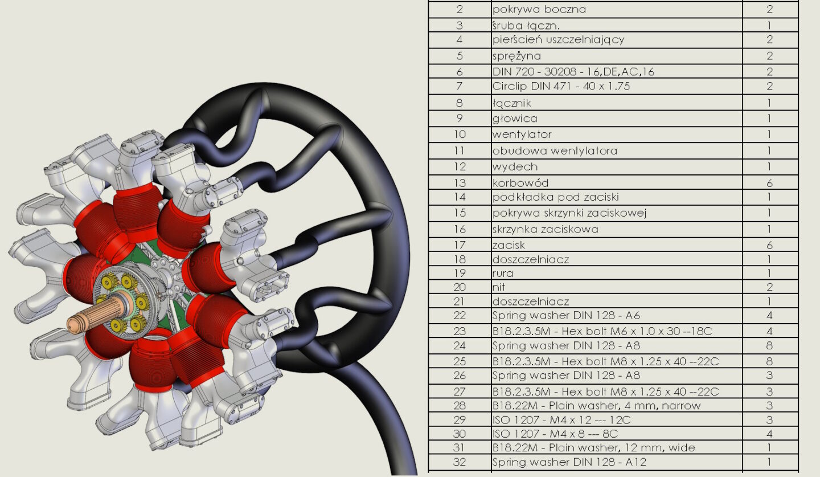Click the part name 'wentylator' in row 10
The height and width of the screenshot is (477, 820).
pyautogui.click(x=522, y=134)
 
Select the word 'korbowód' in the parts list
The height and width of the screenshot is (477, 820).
pyautogui.click(x=520, y=183)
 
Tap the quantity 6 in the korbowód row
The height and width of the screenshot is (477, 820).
pyautogui.click(x=769, y=183)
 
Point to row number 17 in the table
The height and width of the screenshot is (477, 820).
pyautogui.click(x=460, y=244)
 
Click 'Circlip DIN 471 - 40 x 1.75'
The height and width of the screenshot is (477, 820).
pyautogui.click(x=561, y=86)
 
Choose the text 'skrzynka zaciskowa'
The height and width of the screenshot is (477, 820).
pyautogui.click(x=545, y=229)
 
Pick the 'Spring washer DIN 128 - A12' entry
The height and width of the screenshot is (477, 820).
pyautogui.click(x=569, y=462)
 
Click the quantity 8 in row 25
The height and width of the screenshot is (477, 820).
pyautogui.click(x=769, y=361)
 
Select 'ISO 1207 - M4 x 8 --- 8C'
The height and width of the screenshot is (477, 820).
pyautogui.click(x=555, y=434)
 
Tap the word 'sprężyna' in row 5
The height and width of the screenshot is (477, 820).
pyautogui.click(x=516, y=56)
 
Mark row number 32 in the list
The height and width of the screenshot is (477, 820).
pyautogui.click(x=460, y=462)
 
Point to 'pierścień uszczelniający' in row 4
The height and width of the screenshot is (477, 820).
pyautogui.click(x=558, y=39)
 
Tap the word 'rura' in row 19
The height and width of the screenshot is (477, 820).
pyautogui.click(x=503, y=274)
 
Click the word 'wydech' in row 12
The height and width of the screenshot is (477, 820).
pyautogui.click(x=515, y=166)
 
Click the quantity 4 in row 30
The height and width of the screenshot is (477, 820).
pyautogui.click(x=769, y=434)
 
